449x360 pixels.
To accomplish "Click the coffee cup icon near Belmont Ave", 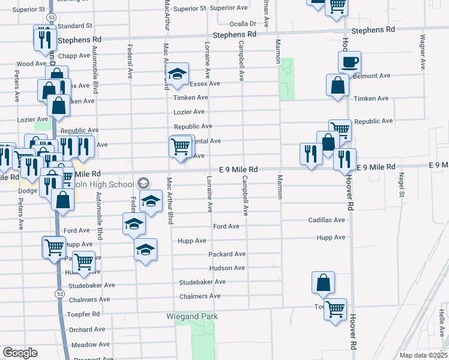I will (x=349, y=62).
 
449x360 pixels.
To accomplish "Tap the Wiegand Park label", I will (x=192, y=316).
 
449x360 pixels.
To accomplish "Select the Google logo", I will (x=19, y=353).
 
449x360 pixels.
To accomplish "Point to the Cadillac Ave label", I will (x=327, y=220).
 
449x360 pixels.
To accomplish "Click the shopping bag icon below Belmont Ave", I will (x=337, y=85).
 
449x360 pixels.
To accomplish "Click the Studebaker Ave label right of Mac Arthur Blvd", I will (x=202, y=282).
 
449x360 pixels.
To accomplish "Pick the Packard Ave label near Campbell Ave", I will (x=227, y=254).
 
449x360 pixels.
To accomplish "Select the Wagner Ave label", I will (x=423, y=53).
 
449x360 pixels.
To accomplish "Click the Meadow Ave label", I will (x=90, y=345).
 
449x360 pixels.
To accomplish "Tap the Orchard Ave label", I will (x=87, y=329).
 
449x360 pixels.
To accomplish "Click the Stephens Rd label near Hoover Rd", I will (x=373, y=29).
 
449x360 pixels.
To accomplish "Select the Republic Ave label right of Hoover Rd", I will (x=373, y=121).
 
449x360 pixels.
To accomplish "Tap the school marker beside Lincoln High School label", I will (x=143, y=182).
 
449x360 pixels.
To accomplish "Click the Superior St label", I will (x=29, y=10).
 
